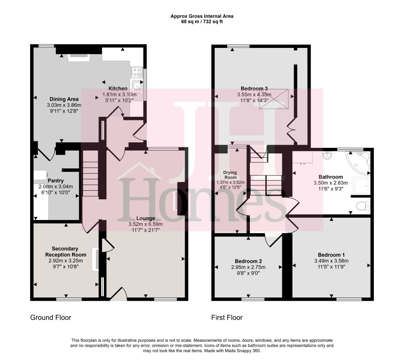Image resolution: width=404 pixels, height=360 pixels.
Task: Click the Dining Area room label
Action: click(64, 99)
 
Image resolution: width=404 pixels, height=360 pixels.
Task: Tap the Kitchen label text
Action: click(118, 89)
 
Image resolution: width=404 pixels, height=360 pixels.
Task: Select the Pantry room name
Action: click(56, 181)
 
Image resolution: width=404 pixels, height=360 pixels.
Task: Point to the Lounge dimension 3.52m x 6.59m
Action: click(145, 224)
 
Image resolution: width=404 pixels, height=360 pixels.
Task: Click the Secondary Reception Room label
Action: click(66, 252)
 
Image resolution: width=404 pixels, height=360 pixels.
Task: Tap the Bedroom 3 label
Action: click(254, 89)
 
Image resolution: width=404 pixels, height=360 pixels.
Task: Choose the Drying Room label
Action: click(230, 175)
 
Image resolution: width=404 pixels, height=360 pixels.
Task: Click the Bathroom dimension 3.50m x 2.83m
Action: click(331, 183)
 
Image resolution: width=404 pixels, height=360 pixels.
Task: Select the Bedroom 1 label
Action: click(331, 255)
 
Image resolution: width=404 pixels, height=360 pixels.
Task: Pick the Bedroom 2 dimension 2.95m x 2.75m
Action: click(249, 267)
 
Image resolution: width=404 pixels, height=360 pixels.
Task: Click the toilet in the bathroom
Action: click(363, 206)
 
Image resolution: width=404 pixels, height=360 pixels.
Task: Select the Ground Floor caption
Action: click(51, 318)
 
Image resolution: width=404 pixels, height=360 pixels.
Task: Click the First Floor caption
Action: click(227, 318)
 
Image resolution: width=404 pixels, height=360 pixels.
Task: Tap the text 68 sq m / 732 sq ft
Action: click(202, 21)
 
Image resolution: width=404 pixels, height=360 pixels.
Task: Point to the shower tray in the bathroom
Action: click(361, 186)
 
